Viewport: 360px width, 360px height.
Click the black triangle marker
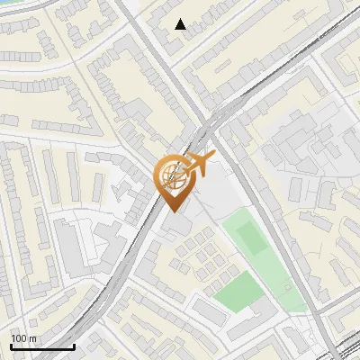tap(181, 24)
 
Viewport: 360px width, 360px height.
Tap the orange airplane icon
tap(197, 165)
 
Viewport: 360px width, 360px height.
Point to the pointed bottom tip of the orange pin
tap(173, 211)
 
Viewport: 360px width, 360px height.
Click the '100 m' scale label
tap(23, 337)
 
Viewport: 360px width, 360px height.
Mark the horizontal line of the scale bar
tap(42, 346)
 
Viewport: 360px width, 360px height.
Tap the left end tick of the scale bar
tap(11, 345)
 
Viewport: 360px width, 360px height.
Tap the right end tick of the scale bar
tap(74, 345)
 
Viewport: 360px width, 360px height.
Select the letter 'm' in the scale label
tap(32, 337)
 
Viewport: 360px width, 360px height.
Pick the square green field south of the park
tap(237, 291)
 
